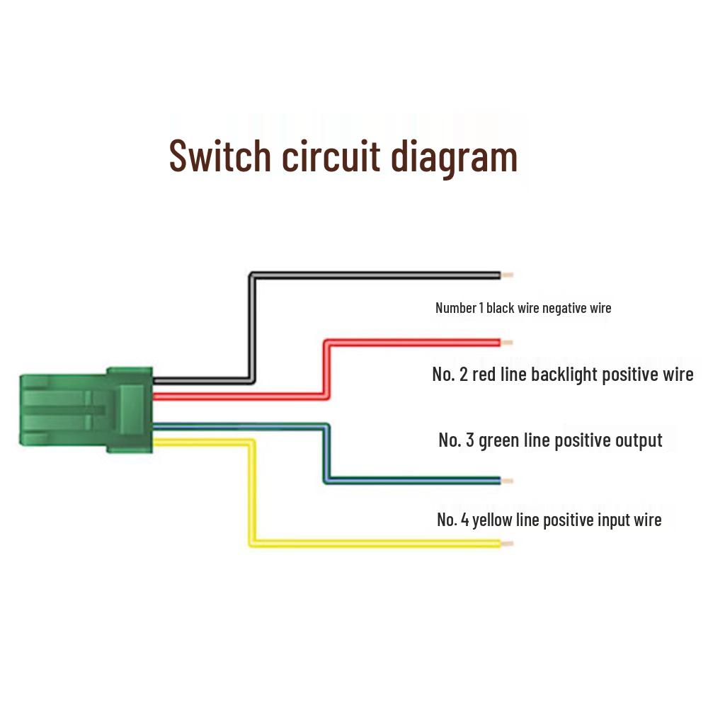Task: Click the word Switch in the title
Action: pos(220,156)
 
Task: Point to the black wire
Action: pos(375,275)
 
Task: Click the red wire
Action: pos(411,343)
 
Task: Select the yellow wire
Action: pos(375,544)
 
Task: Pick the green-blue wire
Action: pos(411,480)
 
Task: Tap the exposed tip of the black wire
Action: pos(507,275)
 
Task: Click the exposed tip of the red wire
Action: pos(507,343)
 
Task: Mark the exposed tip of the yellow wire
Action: pos(507,544)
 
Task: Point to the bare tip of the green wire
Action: pos(507,481)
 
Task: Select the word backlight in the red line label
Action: pos(565,374)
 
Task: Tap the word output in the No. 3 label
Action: pos(639,440)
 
